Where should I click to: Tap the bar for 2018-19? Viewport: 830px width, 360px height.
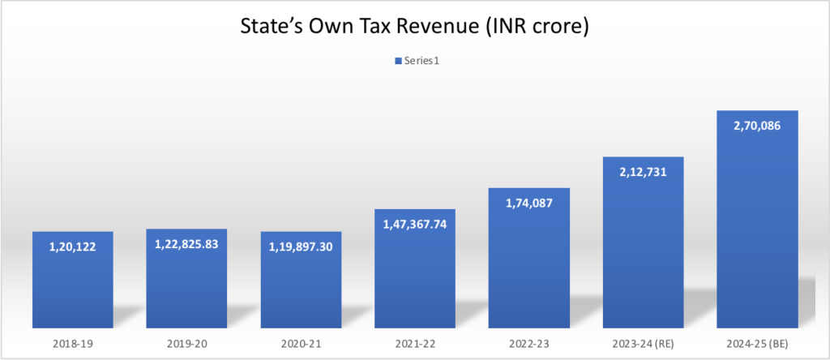[x=72, y=284]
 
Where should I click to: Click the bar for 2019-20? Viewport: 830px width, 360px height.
[x=186, y=284]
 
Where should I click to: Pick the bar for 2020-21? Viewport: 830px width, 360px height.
[x=301, y=284]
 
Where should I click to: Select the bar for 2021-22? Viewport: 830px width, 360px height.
[x=415, y=276]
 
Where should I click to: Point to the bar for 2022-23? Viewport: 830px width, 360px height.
[x=529, y=268]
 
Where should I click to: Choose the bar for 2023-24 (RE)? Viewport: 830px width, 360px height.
[x=644, y=251]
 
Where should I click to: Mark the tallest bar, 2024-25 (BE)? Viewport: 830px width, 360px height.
[x=758, y=227]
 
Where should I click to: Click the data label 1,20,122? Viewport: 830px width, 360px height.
[x=72, y=247]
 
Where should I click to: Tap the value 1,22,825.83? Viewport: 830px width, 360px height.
[x=186, y=245]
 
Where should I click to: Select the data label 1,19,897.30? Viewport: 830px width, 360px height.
[x=301, y=247]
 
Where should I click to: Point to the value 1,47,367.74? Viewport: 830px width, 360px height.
[x=415, y=225]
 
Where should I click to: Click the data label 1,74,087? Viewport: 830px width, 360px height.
[x=529, y=204]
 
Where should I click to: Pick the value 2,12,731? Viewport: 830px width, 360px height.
[x=644, y=172]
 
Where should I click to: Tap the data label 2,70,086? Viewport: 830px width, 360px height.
[x=758, y=126]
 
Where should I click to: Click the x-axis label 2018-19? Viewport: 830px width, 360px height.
[x=72, y=344]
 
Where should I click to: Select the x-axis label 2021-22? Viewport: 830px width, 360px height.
[x=415, y=344]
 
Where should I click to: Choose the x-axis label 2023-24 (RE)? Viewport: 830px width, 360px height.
[x=644, y=344]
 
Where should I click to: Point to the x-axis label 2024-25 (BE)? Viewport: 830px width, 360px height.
[x=758, y=344]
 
